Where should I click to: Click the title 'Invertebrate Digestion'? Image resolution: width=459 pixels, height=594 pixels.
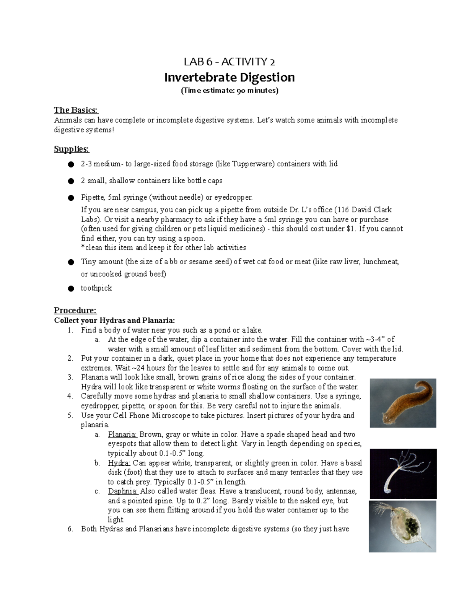(x=229, y=78)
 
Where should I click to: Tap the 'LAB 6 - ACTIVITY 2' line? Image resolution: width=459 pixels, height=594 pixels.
(x=229, y=62)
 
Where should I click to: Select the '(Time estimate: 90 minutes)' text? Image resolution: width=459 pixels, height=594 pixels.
(x=229, y=91)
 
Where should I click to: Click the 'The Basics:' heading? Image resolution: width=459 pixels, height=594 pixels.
(x=76, y=110)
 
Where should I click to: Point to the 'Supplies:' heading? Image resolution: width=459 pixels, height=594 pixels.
(x=71, y=149)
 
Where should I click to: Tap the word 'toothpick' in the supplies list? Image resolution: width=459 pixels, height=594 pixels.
(x=96, y=288)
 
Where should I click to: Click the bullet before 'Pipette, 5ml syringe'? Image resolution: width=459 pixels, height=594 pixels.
(x=70, y=198)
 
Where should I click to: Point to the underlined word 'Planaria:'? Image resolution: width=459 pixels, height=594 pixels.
(x=122, y=435)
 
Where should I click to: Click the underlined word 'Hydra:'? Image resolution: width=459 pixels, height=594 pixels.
(x=119, y=463)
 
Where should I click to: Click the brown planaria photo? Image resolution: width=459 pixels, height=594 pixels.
(x=403, y=403)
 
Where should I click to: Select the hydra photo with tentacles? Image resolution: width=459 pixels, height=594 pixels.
(x=403, y=473)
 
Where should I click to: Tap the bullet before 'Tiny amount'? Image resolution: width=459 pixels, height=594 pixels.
(x=70, y=262)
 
